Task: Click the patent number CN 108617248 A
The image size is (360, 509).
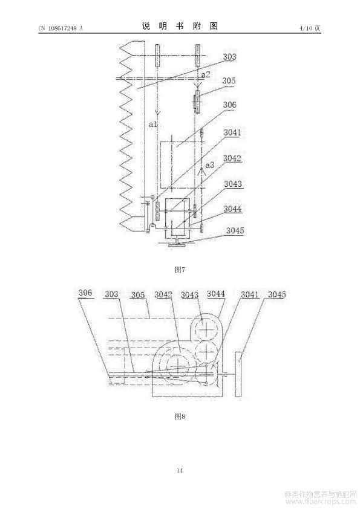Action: (x=61, y=28)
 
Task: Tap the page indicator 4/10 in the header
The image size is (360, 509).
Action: (x=306, y=28)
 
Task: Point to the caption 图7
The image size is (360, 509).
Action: (x=180, y=270)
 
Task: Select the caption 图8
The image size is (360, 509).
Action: (x=180, y=417)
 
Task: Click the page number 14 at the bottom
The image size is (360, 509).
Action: (x=180, y=470)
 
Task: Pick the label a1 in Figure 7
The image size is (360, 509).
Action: (x=152, y=124)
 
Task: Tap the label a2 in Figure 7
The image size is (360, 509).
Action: (x=206, y=75)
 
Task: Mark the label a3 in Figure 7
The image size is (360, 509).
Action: (x=210, y=165)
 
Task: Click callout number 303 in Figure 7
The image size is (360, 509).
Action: (x=229, y=57)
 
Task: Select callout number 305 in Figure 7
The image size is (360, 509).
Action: (x=229, y=81)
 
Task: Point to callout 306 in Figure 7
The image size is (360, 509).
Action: (x=229, y=105)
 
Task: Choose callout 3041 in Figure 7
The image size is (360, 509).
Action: (x=232, y=132)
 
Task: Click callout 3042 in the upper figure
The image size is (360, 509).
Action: (x=232, y=158)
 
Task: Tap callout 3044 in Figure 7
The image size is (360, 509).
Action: (x=232, y=209)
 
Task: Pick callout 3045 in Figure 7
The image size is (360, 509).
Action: (x=235, y=230)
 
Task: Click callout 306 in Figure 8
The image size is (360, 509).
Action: (x=85, y=293)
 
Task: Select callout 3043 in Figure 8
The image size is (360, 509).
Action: (x=189, y=295)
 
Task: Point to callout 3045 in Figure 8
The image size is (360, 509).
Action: (x=277, y=294)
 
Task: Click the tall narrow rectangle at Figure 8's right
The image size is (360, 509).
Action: (x=238, y=374)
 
